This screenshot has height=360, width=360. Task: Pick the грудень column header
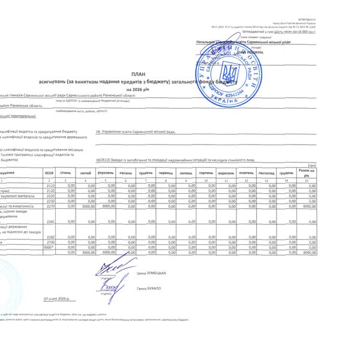point(286,172)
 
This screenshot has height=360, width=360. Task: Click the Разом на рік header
point(308,172)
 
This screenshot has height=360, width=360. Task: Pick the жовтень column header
point(247,172)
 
